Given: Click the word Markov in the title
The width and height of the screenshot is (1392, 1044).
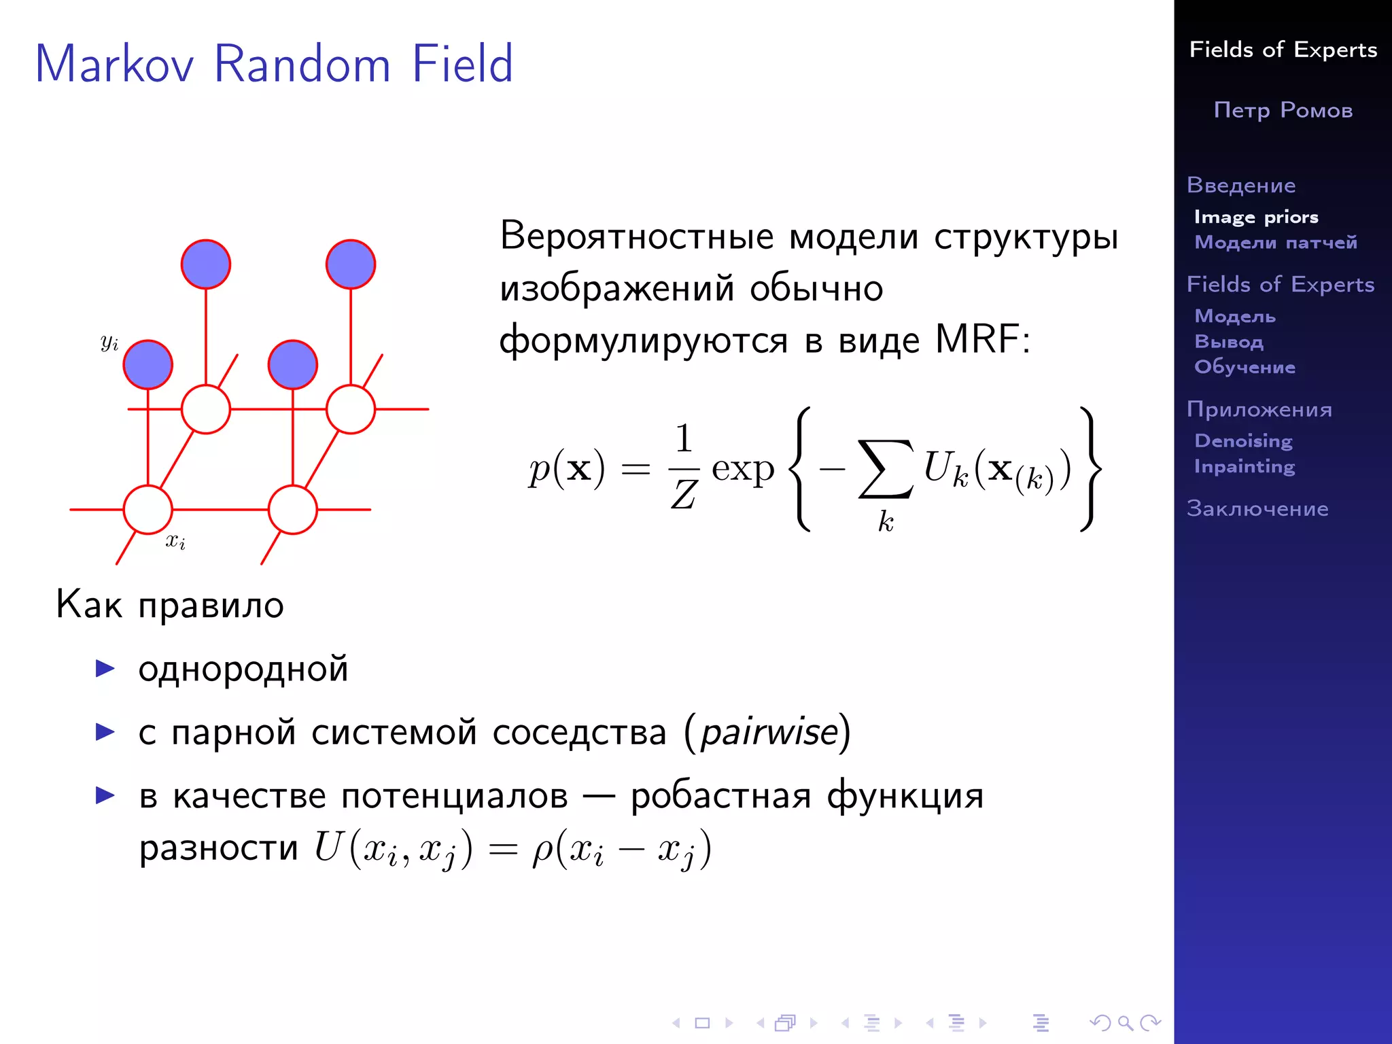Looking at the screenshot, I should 114,64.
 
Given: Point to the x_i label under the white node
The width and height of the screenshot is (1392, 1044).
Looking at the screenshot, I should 175,541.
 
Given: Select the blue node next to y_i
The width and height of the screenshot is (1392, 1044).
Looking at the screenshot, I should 148,365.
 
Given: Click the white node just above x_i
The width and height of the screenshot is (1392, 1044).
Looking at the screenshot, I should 148,510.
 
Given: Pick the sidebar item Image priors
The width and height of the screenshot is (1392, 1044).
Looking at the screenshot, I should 1256,217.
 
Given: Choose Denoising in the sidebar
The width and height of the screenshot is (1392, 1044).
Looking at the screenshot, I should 1243,441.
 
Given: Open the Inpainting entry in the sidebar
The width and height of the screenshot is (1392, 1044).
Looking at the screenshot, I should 1245,466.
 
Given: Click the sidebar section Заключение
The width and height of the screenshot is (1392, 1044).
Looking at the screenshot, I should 1257,508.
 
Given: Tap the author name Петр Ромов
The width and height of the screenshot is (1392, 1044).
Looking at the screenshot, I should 1283,110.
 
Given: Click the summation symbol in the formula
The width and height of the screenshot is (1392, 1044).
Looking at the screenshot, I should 885,469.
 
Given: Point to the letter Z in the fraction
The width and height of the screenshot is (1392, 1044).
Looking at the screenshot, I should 684,494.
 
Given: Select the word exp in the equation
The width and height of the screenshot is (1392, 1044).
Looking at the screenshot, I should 743,469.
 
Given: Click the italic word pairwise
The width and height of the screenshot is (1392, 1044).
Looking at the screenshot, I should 769,733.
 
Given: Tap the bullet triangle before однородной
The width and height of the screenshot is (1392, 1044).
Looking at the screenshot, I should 105,669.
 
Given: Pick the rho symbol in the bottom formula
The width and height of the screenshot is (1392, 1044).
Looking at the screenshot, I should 542,850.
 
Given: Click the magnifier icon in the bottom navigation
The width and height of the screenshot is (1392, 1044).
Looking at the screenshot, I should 1126,1023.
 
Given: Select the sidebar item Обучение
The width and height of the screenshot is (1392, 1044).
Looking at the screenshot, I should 1245,367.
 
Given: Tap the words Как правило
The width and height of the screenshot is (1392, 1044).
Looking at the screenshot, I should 170,604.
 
